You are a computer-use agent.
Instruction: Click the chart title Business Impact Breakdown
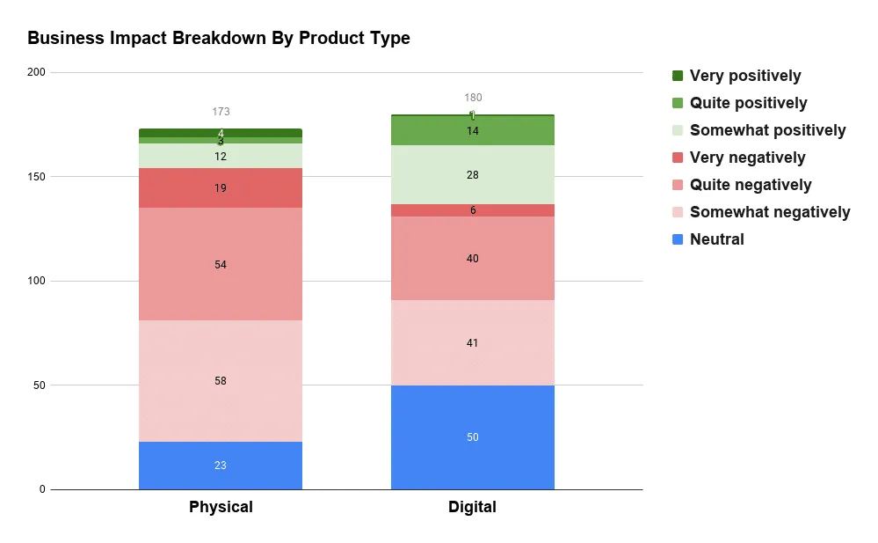point(219,39)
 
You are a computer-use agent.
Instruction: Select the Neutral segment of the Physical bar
point(221,466)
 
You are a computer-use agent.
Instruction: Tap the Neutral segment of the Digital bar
point(473,437)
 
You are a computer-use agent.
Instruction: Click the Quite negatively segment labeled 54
point(221,264)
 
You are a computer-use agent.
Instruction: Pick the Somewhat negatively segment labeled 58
point(221,381)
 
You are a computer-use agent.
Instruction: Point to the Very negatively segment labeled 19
point(221,187)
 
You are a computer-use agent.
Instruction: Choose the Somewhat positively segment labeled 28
point(473,175)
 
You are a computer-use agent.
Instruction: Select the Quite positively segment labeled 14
point(473,131)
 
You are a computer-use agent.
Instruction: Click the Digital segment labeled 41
point(473,343)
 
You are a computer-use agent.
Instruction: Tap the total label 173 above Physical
point(221,112)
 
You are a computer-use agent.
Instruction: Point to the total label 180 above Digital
point(473,98)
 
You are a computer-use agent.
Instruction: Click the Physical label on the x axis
point(221,507)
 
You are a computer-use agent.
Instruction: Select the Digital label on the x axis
point(473,507)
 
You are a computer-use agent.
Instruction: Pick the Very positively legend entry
point(745,76)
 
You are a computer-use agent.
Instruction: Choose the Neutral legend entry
point(716,239)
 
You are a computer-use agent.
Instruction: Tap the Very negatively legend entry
point(747,158)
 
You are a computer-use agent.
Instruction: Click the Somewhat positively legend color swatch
point(678,130)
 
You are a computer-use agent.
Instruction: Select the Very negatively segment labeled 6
point(473,210)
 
